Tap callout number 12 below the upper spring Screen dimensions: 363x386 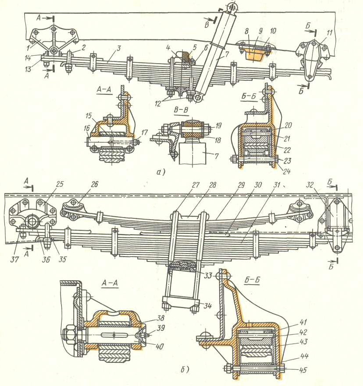tap(158, 104)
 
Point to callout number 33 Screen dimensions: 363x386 tap(208, 275)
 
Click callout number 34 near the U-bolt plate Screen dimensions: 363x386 tap(207, 306)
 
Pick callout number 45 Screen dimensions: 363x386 tap(303, 370)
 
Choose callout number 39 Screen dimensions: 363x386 tap(160, 328)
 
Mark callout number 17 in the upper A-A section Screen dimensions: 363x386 tap(144, 132)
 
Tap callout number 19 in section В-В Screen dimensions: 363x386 tap(218, 125)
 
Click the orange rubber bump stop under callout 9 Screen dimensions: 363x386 tap(254, 55)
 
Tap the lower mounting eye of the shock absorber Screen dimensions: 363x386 tap(198, 98)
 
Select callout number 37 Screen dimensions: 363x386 tap(14, 259)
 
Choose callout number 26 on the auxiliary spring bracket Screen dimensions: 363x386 tap(95, 184)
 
